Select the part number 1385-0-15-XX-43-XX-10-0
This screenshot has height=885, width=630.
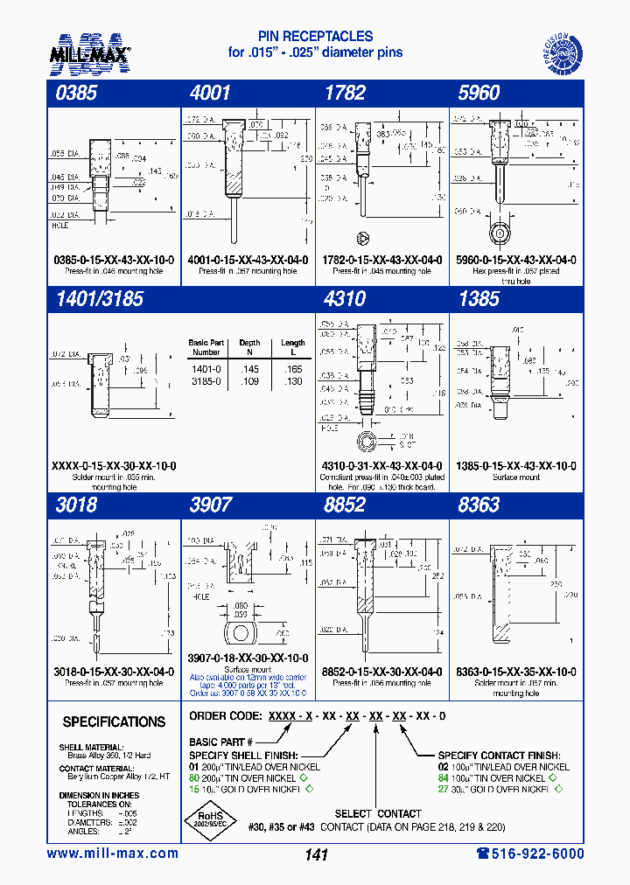[514, 466]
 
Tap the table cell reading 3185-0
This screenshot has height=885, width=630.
[206, 382]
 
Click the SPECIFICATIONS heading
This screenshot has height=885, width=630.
[114, 722]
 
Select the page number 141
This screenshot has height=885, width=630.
[315, 855]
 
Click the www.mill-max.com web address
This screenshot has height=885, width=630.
[112, 854]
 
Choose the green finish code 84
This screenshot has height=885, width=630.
[444, 778]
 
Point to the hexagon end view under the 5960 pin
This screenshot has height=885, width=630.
[499, 233]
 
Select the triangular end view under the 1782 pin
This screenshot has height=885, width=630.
[362, 239]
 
